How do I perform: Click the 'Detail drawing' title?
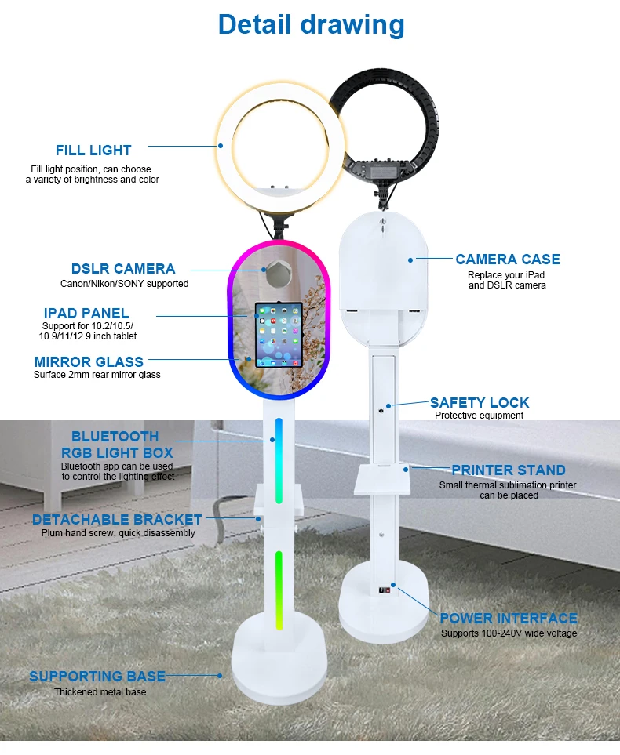pos(311,24)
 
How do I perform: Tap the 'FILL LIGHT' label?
pos(93,151)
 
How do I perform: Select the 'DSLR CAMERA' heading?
pos(123,269)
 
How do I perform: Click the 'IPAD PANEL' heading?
pos(86,314)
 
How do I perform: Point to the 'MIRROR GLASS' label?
pos(89,361)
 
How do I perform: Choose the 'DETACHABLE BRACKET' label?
pos(117,519)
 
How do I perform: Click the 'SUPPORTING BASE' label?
pos(97,676)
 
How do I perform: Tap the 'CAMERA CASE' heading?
pos(508,259)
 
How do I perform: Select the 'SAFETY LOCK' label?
pos(480,402)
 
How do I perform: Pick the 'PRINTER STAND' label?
pos(508,470)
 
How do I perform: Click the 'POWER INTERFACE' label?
pos(508,619)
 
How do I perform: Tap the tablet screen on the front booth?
pos(278,335)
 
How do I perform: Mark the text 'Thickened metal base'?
pos(100,692)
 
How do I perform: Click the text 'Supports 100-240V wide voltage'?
pos(509,633)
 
